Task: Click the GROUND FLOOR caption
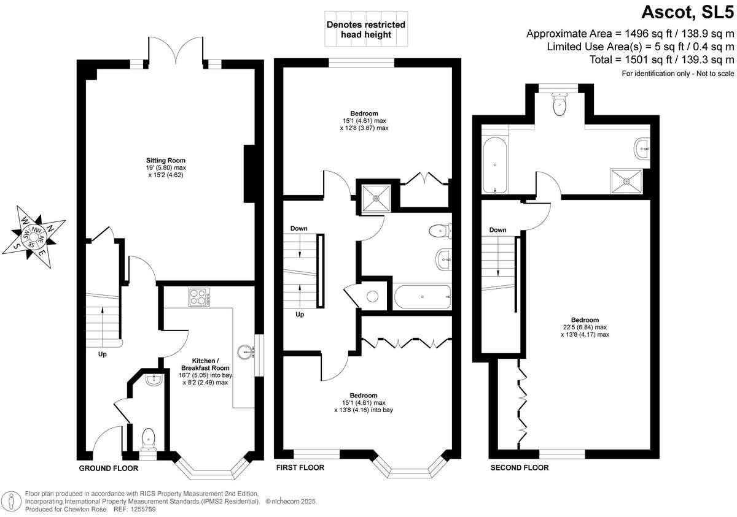pos(109,468)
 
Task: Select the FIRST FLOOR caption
pos(300,467)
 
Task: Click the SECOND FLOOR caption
pos(519,467)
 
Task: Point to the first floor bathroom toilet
pos(440,231)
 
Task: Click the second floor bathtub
pos(494,165)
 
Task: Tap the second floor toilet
pos(560,105)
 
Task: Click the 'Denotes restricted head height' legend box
pos(365,29)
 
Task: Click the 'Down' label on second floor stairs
pos(497,230)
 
